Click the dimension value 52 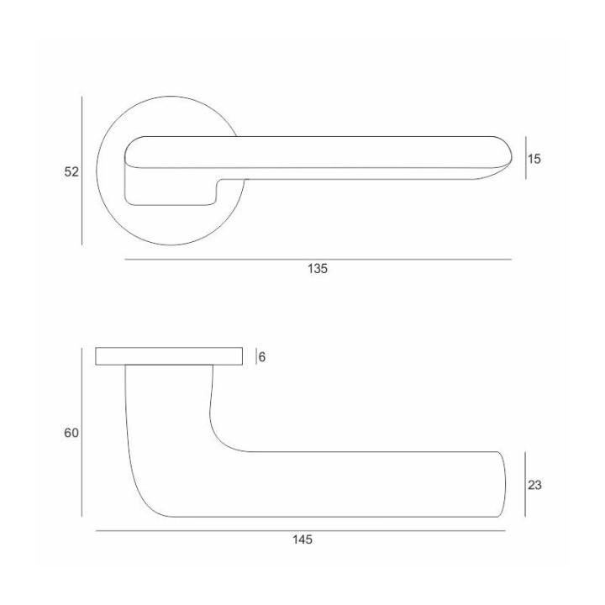(x=71, y=171)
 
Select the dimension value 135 (x=317, y=269)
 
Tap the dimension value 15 (x=534, y=159)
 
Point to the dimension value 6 (x=262, y=357)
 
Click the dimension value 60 (x=71, y=433)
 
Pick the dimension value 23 (x=534, y=485)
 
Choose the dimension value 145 (x=302, y=539)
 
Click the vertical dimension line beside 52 (x=82, y=171)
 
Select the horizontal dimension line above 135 (x=318, y=260)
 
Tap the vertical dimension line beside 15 (x=525, y=158)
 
